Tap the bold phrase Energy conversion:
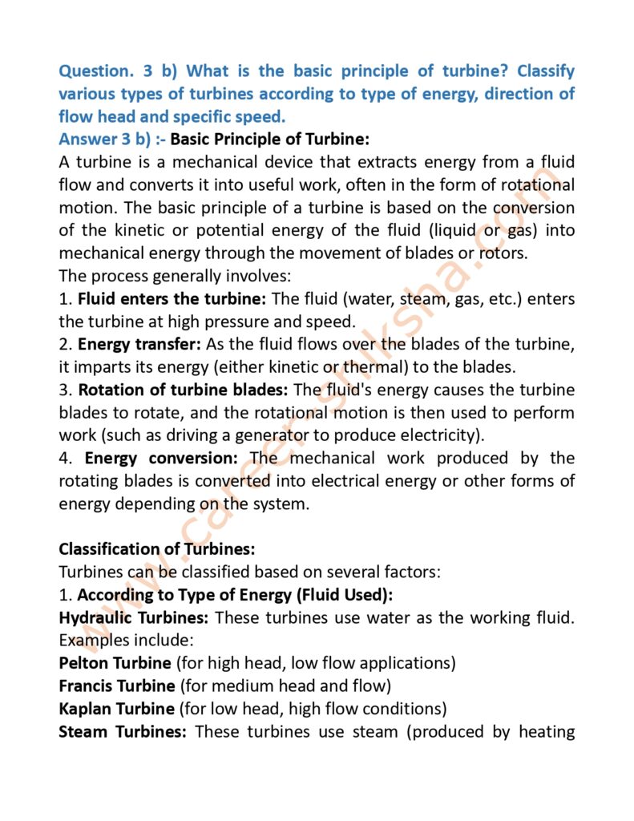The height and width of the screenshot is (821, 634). (161, 459)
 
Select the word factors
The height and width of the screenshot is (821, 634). (407, 572)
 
